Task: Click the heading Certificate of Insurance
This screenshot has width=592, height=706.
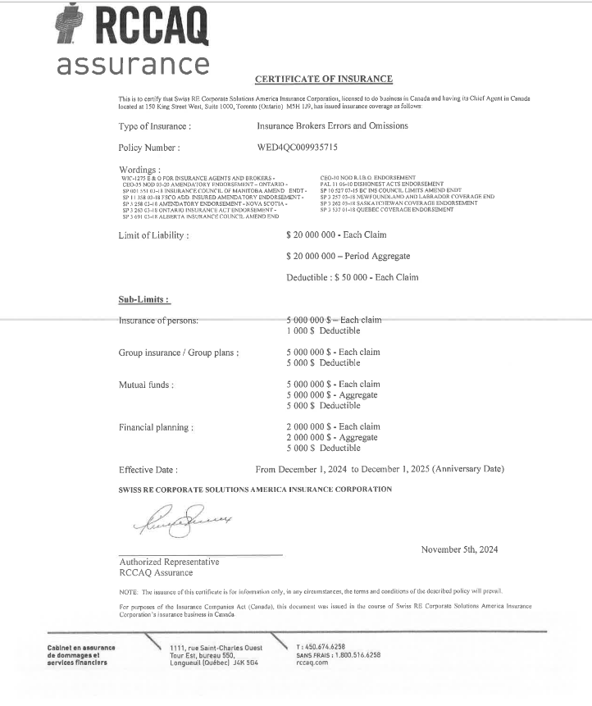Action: (324, 79)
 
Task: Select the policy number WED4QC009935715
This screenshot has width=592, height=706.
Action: (297, 148)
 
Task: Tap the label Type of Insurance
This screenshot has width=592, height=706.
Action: (155, 126)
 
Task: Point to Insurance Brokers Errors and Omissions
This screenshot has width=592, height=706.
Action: (332, 126)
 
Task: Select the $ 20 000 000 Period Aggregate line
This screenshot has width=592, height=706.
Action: (348, 256)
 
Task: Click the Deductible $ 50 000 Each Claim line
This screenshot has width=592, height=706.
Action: (352, 277)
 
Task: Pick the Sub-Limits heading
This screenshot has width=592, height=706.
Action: (143, 300)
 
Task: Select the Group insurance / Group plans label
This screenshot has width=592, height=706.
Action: (179, 352)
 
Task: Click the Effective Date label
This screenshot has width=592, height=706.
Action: (148, 470)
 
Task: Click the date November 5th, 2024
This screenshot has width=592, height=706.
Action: (459, 549)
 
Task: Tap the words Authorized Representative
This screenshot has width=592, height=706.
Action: (169, 562)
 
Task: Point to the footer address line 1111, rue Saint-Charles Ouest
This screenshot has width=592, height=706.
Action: (216, 648)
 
